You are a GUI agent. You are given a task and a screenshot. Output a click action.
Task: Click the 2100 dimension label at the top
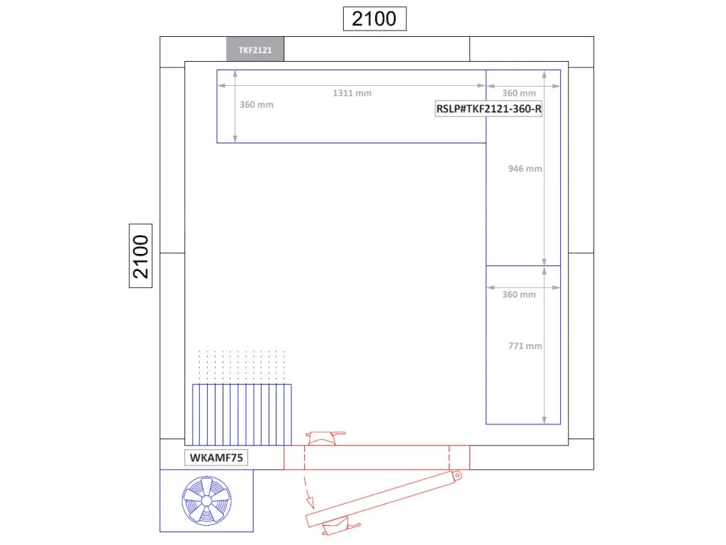point(374,18)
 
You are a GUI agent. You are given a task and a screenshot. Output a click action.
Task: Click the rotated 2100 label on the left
point(141,255)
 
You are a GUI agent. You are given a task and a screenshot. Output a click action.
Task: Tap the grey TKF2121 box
point(255,49)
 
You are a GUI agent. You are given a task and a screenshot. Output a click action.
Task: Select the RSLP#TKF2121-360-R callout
point(488,109)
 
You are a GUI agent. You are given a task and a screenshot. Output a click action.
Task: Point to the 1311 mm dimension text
point(352,93)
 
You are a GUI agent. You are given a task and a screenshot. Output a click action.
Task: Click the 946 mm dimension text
point(525,169)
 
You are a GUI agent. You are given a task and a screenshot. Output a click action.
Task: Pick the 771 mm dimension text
point(525,346)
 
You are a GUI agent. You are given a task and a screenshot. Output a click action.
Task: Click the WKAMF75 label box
point(216,458)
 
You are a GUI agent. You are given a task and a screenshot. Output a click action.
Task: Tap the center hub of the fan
point(206,501)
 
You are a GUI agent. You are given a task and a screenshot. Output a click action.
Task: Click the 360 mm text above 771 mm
point(519,294)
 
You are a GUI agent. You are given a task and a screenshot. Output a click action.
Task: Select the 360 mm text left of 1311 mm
point(257,105)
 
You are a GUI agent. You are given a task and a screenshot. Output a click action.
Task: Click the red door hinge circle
point(457,475)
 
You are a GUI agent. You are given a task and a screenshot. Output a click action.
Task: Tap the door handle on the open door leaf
point(340,527)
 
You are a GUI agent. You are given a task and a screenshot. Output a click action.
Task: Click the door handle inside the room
point(325,438)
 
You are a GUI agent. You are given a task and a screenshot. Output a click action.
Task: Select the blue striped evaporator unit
point(242,414)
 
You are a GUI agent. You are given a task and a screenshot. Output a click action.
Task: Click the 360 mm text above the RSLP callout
point(519,93)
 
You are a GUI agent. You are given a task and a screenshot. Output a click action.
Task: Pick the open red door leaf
point(384,499)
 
